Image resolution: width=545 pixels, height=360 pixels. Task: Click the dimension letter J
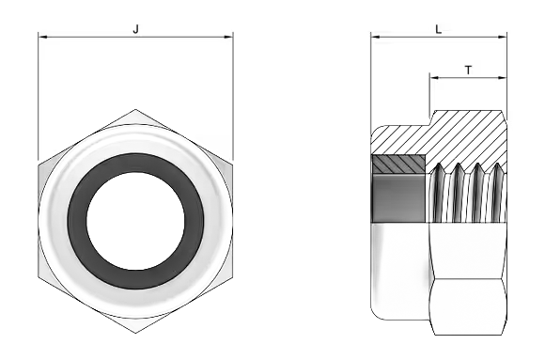tap(136, 29)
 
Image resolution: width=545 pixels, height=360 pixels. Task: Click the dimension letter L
tap(439, 29)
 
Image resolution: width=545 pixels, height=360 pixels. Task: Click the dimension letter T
tap(469, 70)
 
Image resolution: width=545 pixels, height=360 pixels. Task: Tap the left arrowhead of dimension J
tap(42, 37)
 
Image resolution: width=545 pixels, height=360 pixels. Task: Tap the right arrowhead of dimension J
tap(229, 37)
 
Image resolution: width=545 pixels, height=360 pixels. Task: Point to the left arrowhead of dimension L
tap(375, 37)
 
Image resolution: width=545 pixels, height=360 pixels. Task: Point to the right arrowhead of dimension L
tap(503, 37)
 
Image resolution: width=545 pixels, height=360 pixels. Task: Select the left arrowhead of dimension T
tap(434, 78)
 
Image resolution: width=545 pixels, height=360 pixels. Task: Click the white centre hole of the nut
tap(135, 221)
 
